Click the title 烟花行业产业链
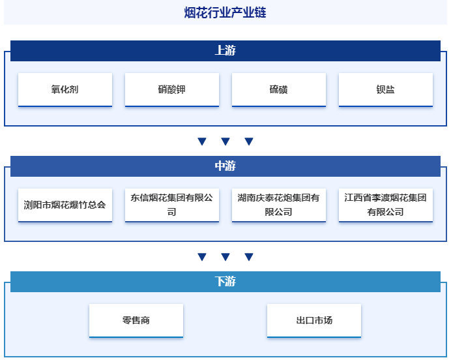pyautogui.click(x=225, y=12)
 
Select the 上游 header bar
pyautogui.click(x=225, y=51)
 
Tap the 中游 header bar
pyautogui.click(x=225, y=166)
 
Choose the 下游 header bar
pyautogui.click(x=225, y=282)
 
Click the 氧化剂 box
pyautogui.click(x=65, y=89)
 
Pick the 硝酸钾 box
pyautogui.click(x=172, y=89)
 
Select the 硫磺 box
pyautogui.click(x=279, y=89)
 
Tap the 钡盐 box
pyautogui.click(x=386, y=89)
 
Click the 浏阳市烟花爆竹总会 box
pyautogui.click(x=65, y=205)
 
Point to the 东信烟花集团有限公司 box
pyautogui.click(x=172, y=205)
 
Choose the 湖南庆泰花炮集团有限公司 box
pyautogui.click(x=279, y=205)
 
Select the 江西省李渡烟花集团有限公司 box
pyautogui.click(x=386, y=205)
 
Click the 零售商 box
pyautogui.click(x=136, y=320)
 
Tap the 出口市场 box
pyautogui.click(x=314, y=320)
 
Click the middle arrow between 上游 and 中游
pyautogui.click(x=225, y=142)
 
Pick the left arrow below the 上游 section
pyautogui.click(x=202, y=142)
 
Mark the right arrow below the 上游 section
pyautogui.click(x=249, y=142)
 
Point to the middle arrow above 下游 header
pyautogui.click(x=225, y=257)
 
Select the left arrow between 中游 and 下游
pyautogui.click(x=202, y=257)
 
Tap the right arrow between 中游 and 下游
pyautogui.click(x=249, y=257)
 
